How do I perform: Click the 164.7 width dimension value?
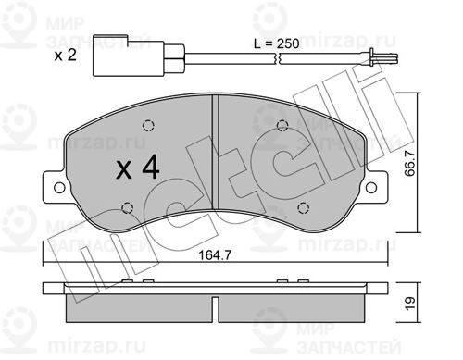click(x=215, y=255)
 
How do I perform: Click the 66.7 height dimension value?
click(x=410, y=164)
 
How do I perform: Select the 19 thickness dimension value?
click(x=409, y=304)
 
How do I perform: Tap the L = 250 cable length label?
click(x=277, y=43)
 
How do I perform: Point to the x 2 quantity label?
click(x=65, y=56)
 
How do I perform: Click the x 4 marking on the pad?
click(x=138, y=168)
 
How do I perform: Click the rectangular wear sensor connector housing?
click(x=129, y=56)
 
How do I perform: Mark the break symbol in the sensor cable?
click(x=277, y=58)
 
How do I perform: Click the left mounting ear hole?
click(x=59, y=188)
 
